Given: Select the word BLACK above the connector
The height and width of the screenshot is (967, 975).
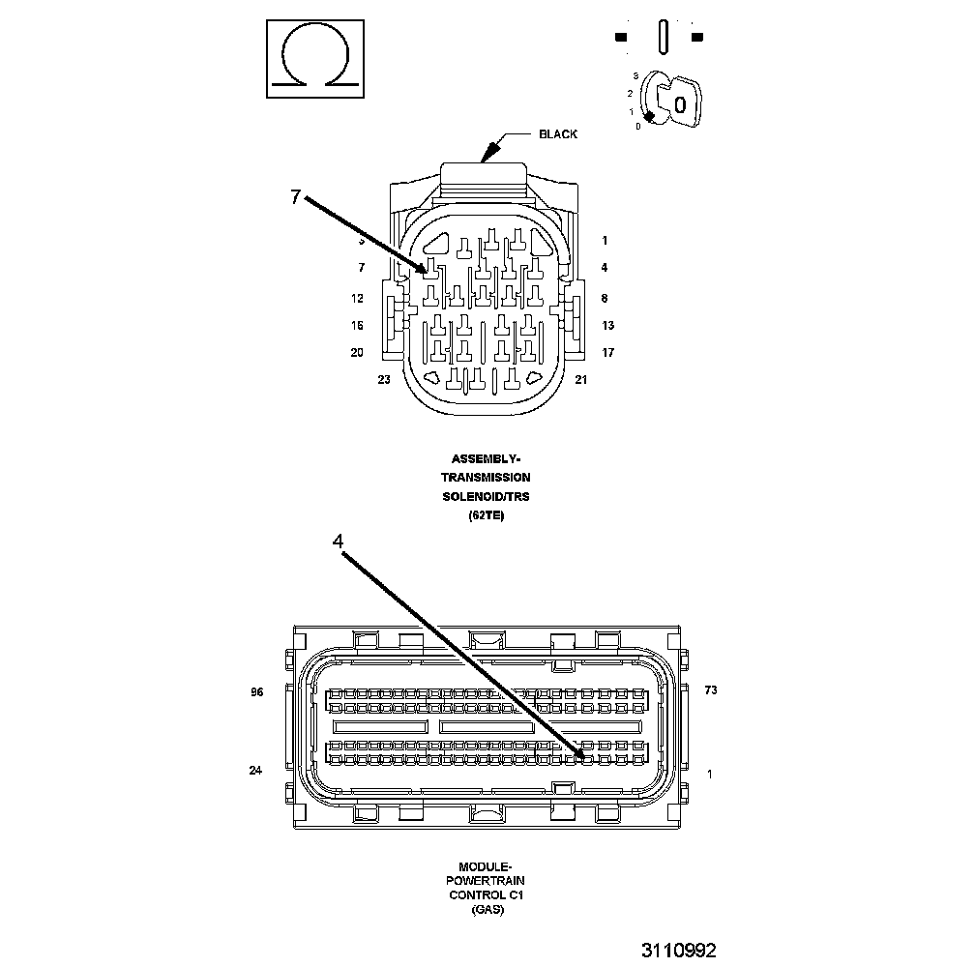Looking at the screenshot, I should point(558,134).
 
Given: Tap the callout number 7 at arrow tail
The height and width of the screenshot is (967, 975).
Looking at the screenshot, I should point(296,197).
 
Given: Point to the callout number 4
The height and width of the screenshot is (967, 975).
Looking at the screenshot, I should point(338,542).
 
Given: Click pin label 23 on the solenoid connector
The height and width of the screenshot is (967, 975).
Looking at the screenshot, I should point(384,380).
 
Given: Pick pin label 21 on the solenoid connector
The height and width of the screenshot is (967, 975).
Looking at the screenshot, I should point(581,380).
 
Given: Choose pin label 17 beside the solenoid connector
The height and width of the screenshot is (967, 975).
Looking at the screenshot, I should point(607,353).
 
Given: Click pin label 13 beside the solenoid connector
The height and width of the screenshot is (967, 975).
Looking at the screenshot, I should point(607,326).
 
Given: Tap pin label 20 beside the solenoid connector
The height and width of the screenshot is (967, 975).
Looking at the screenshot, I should point(357,353).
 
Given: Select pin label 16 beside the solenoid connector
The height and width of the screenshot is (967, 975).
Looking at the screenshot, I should point(357,326).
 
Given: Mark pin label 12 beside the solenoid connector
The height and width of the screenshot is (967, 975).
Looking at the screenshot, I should point(357,299).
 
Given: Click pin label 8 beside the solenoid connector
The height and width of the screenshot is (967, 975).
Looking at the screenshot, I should point(604,299).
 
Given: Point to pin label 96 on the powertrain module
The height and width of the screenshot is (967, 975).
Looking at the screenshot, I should point(256,691).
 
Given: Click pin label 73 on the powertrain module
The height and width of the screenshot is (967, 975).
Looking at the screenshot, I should point(710,690).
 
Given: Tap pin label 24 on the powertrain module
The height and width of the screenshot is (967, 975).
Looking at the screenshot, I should point(256,771).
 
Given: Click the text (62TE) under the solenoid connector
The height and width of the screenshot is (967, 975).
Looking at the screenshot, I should point(486,515).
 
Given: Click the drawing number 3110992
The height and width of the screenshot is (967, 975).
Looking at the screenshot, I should point(678,951).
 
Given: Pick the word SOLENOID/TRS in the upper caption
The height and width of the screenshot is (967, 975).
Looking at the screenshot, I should point(486,496).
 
